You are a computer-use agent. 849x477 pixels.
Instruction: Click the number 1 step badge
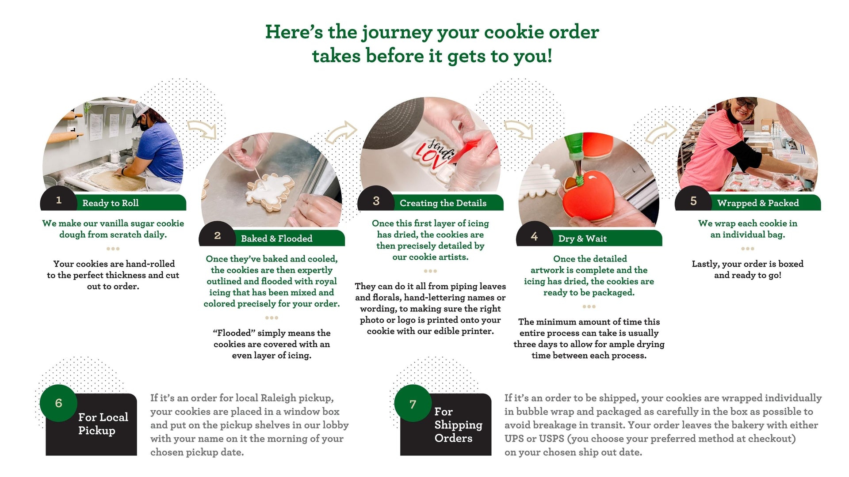tap(58, 201)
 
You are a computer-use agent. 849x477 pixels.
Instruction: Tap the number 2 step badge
tap(217, 235)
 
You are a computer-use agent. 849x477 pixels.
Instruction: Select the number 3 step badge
tap(376, 201)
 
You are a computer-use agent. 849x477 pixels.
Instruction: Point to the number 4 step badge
tap(534, 236)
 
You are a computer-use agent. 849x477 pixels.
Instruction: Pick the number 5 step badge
tap(693, 201)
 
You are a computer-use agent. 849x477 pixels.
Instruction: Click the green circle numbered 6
tap(58, 403)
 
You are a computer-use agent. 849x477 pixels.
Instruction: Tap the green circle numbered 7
tap(413, 403)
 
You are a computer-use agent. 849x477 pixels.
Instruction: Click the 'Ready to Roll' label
tap(111, 203)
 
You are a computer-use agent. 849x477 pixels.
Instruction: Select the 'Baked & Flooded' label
tap(276, 238)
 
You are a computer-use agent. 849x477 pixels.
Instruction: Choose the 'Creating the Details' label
tap(443, 203)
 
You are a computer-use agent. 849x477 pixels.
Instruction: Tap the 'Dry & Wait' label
tap(582, 238)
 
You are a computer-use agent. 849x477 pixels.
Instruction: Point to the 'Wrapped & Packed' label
tap(758, 203)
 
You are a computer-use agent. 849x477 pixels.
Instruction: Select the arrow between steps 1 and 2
tap(202, 129)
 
